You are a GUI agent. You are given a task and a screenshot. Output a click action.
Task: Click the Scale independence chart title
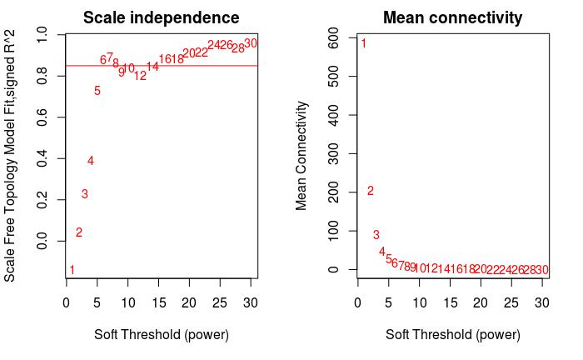(161, 17)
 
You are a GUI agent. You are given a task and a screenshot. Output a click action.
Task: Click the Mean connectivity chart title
(452, 17)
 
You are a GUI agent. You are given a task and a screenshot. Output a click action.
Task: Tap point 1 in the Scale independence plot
(72, 270)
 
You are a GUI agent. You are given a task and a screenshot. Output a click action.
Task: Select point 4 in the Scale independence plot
(91, 161)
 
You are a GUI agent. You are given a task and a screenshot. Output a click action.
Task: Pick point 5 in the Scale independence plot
(97, 91)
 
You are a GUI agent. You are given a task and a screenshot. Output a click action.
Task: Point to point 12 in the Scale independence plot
(140, 76)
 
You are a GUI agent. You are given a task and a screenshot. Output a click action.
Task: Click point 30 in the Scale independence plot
(251, 43)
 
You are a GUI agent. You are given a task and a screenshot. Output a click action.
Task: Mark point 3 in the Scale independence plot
(85, 194)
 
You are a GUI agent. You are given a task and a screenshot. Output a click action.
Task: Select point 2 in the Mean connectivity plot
(371, 191)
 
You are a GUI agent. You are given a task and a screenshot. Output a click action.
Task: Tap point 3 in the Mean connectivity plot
(376, 235)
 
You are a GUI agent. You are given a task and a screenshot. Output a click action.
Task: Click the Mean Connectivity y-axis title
(302, 156)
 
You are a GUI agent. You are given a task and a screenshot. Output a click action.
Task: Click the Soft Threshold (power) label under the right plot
(452, 335)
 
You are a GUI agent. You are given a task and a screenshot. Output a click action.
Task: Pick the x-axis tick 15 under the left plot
(128, 303)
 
